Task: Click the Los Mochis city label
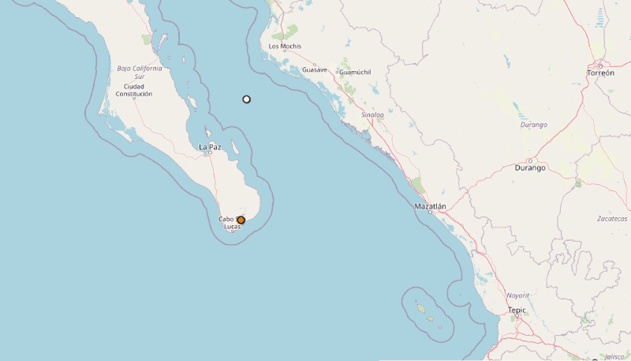click(285, 46)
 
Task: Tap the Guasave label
click(315, 70)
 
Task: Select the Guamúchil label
click(355, 72)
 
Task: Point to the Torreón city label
click(600, 73)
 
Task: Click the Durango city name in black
click(530, 167)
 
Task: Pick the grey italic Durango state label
click(534, 125)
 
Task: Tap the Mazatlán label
click(431, 206)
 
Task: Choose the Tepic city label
click(517, 310)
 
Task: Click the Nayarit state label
click(518, 295)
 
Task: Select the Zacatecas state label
click(613, 219)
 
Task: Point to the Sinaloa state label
click(372, 115)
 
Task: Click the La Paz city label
click(210, 147)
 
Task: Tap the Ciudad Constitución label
click(133, 90)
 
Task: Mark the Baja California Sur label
click(140, 72)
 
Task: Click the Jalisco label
click(614, 356)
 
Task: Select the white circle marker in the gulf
click(247, 100)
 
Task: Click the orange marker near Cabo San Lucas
click(241, 220)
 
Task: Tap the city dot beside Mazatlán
click(430, 213)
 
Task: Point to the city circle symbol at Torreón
click(600, 65)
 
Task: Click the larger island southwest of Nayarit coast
click(421, 309)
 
